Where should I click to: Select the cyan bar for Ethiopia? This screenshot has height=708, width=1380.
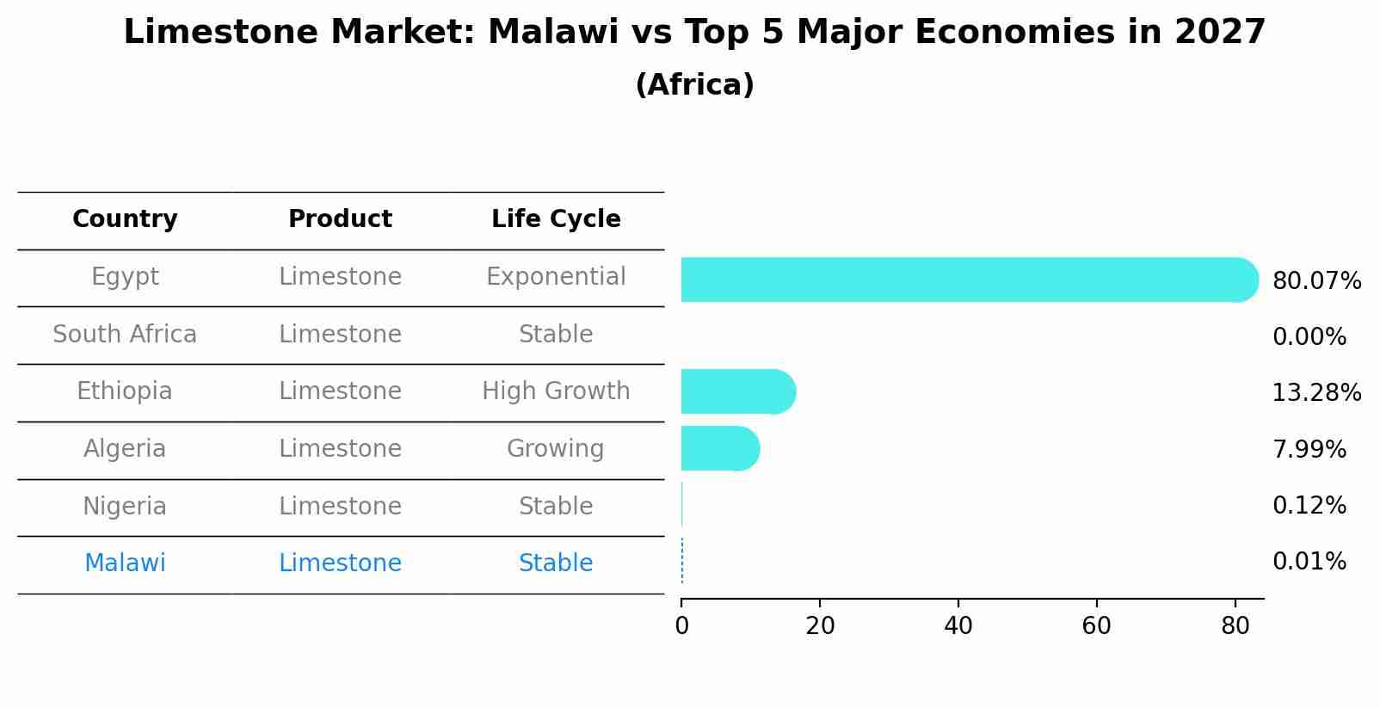point(736,392)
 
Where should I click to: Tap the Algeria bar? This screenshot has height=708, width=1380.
point(718,448)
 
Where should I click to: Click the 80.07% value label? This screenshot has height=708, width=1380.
point(1316,281)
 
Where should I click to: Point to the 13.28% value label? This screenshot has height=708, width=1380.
point(1316,393)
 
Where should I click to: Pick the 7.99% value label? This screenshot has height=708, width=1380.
point(1309,449)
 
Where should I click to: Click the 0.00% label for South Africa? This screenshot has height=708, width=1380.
point(1309,337)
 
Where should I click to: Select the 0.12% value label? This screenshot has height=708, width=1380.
point(1309,506)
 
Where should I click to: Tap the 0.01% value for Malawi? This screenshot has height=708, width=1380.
point(1309,562)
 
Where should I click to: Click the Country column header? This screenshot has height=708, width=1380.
point(125,219)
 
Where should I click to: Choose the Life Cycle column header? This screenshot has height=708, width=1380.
point(556,219)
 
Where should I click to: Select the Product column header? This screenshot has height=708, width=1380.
point(340,219)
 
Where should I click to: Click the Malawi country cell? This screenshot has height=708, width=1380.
point(125,563)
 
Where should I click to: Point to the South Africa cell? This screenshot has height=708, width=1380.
point(125,334)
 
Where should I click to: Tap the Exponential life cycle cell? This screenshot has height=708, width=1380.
point(556,277)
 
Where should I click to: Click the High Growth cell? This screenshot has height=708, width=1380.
point(556,391)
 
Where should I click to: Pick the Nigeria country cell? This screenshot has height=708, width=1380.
point(125,506)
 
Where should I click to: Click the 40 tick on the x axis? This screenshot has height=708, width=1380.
point(958,626)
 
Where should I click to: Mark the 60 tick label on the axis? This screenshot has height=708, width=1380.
point(1096,626)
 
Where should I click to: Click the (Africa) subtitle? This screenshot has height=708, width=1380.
point(694,85)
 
